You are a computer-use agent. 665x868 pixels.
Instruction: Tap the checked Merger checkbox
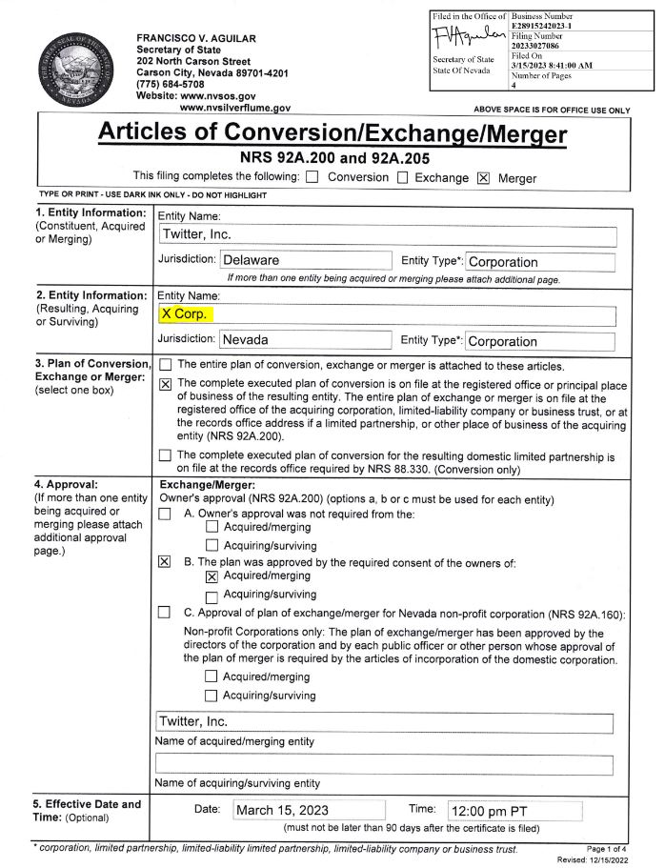483,177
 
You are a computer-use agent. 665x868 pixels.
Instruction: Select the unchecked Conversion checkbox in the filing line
312,177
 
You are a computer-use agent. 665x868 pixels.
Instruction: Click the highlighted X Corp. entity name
187,313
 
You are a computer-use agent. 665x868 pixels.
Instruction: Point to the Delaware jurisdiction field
306,261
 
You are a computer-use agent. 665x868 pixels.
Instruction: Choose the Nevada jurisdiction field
306,340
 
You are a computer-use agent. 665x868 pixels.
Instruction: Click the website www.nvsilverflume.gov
228,109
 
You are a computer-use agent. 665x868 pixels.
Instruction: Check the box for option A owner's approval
165,515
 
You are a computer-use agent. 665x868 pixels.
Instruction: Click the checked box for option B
165,562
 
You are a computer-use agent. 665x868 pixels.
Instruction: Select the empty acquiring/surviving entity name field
383,764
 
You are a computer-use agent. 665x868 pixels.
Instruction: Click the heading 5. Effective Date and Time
88,811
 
